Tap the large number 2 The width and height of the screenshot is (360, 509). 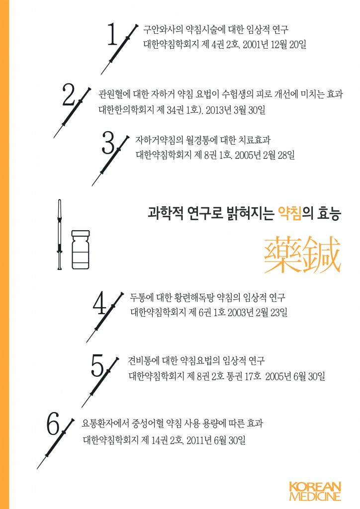(69, 95)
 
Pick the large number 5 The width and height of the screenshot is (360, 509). (97, 367)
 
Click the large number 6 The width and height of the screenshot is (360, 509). (53, 425)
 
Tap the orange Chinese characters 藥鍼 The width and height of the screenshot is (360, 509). (302, 255)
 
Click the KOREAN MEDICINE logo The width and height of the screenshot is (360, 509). (315, 491)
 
